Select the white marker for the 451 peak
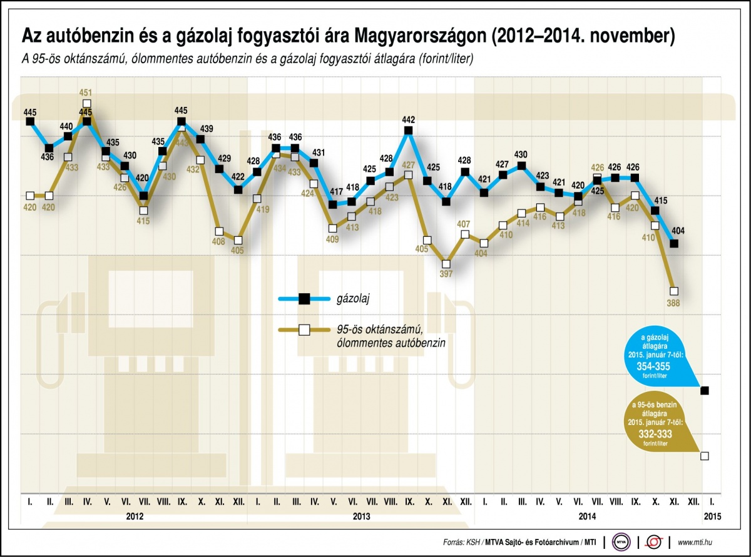click(87, 103)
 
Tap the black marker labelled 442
click(408, 130)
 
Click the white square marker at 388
click(674, 291)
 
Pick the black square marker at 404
click(674, 243)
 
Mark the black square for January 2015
click(705, 391)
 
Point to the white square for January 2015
click(705, 456)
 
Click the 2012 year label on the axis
click(135, 517)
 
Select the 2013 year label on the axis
click(361, 517)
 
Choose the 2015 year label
click(712, 517)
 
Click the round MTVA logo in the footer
click(622, 541)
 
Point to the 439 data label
click(206, 129)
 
